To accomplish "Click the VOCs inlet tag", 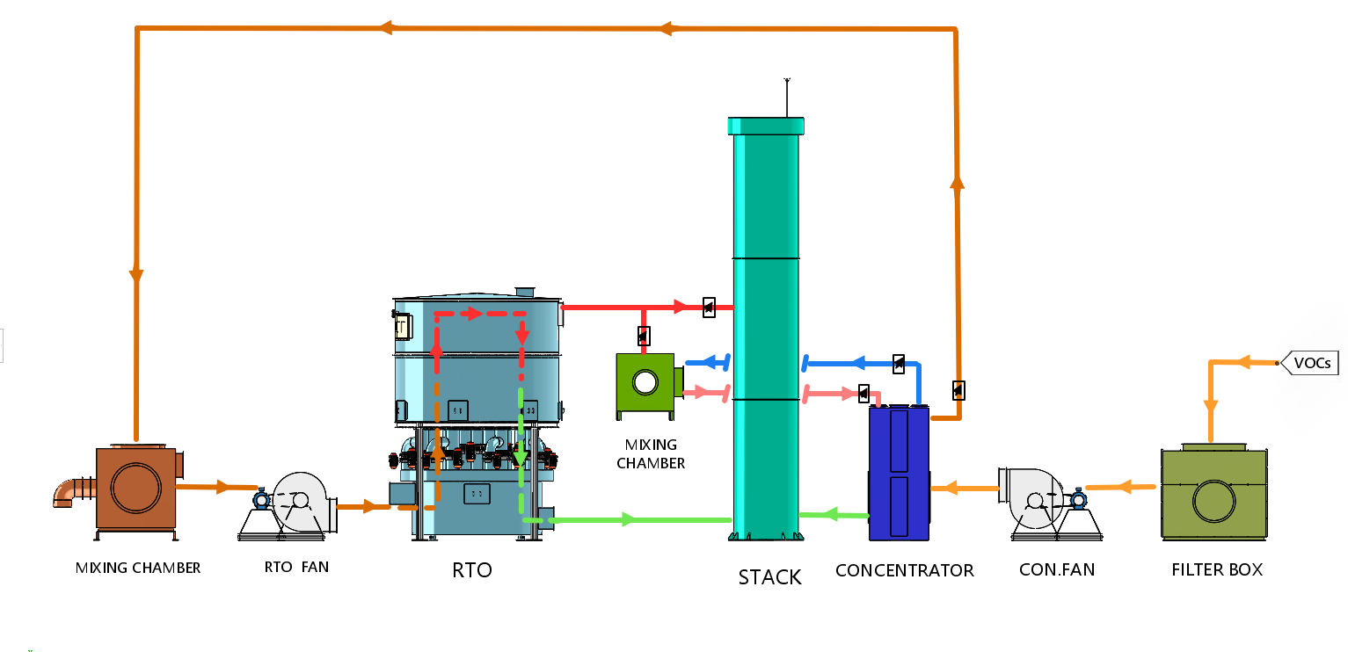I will [1310, 363].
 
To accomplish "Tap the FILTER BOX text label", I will [1217, 570].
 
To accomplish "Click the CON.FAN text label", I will [1056, 570].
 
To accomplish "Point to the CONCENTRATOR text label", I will [904, 571].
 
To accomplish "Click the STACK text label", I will [769, 577].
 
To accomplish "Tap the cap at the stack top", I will [766, 126].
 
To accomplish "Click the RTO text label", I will [471, 570].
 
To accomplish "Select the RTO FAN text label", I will [296, 568].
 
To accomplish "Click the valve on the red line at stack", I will [709, 308].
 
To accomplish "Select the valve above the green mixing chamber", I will [644, 336].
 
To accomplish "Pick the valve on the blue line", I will [898, 363].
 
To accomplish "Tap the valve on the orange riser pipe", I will [958, 389].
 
